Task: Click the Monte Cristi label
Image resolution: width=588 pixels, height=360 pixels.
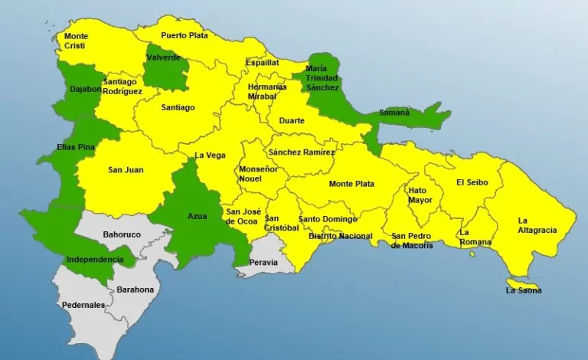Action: (76, 41)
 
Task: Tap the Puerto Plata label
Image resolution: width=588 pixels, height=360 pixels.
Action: (185, 35)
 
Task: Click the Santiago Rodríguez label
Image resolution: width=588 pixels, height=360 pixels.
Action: (122, 87)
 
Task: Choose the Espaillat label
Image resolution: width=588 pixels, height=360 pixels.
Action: (263, 63)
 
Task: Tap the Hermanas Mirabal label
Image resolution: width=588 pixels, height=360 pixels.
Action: (267, 92)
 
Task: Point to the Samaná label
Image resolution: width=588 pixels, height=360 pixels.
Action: (394, 113)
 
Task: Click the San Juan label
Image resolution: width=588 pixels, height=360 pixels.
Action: (125, 170)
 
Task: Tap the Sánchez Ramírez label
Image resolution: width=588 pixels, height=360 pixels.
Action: (301, 152)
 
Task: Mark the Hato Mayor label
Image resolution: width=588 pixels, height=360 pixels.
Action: (420, 195)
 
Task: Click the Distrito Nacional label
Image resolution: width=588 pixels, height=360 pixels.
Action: (340, 236)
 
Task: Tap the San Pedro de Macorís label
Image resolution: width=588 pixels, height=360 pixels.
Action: (411, 241)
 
